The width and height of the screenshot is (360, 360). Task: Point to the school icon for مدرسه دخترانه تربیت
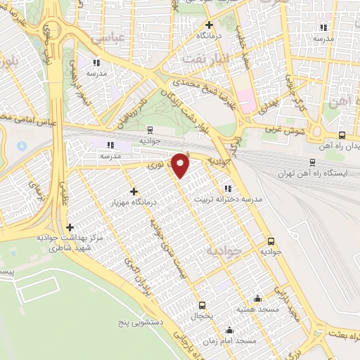point(226,188)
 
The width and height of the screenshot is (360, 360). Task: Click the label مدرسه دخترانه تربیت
point(227,200)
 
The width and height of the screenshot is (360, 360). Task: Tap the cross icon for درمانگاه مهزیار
point(134,191)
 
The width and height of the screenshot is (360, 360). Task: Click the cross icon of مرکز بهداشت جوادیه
point(70,227)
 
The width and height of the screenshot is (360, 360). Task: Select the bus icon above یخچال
point(202,304)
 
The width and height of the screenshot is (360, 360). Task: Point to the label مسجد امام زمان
point(236,340)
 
